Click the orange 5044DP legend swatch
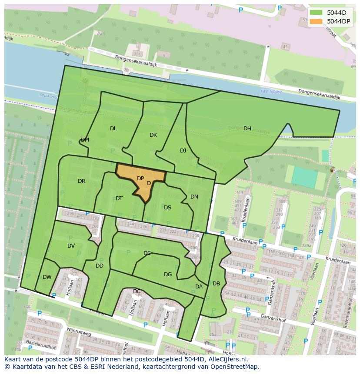click(x=317, y=21)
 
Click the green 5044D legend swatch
click(x=317, y=13)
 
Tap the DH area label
click(x=247, y=129)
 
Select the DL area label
click(x=113, y=129)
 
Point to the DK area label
click(x=153, y=135)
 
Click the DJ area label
click(x=183, y=151)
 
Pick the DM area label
click(x=85, y=140)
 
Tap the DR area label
click(x=81, y=181)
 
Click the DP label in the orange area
click(x=140, y=179)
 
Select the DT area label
click(x=119, y=199)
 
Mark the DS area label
click(x=167, y=208)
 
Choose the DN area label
click(x=194, y=197)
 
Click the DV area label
click(x=71, y=246)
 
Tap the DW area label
click(x=47, y=277)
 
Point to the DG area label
click(x=168, y=275)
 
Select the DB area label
click(x=216, y=284)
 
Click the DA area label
click(x=199, y=287)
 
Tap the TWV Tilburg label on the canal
click(x=271, y=92)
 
